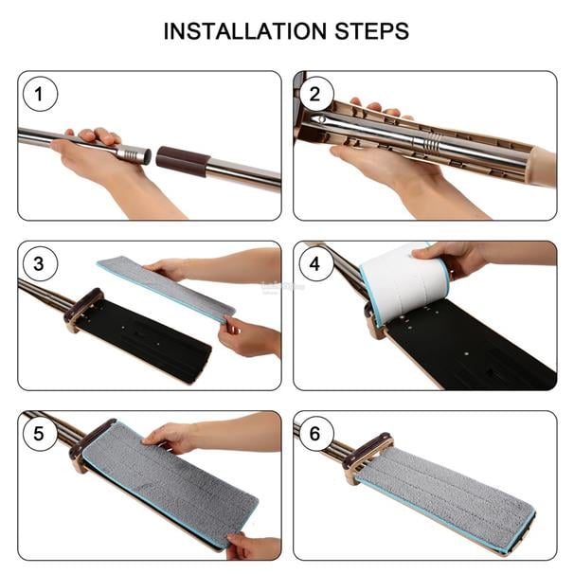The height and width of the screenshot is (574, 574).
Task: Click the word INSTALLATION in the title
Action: click(x=244, y=31)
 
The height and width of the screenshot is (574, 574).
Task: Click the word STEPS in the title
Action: click(x=372, y=31)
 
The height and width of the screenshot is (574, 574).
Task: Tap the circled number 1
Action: click(x=40, y=94)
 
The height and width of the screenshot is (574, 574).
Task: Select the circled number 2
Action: click(x=315, y=94)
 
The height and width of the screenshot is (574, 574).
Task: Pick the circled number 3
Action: click(x=40, y=264)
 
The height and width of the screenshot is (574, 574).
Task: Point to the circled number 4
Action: click(x=315, y=264)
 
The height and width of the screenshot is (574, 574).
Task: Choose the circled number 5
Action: click(x=40, y=434)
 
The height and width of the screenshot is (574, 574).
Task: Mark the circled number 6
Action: click(x=315, y=434)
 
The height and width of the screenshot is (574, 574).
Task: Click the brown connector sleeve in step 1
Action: click(x=183, y=161)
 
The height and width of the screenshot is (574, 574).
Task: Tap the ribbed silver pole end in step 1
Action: click(x=134, y=153)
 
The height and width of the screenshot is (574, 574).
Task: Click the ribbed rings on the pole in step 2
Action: click(x=432, y=142)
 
